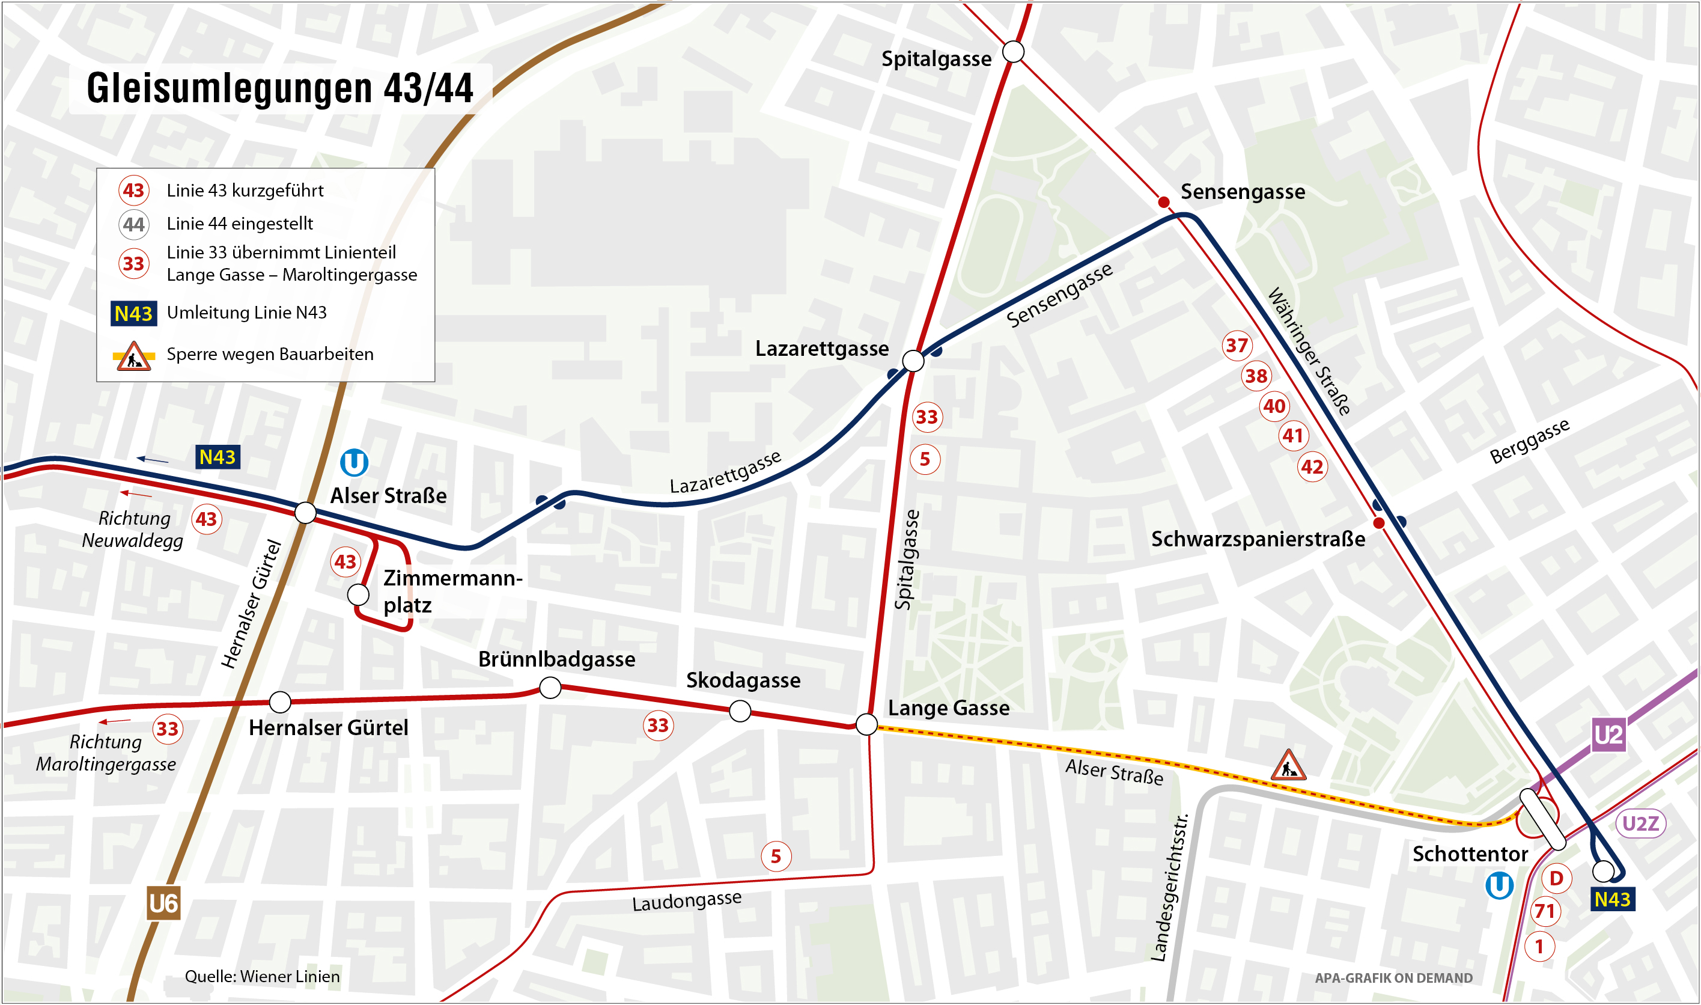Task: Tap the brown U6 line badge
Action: [x=163, y=903]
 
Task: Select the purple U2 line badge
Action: [x=1608, y=735]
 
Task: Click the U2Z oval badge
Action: [x=1640, y=823]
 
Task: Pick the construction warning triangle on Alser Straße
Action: [x=1288, y=766]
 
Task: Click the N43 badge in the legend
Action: [x=133, y=314]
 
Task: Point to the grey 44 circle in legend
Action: [x=133, y=224]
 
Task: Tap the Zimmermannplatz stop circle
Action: [x=358, y=594]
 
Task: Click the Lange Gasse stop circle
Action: [x=866, y=724]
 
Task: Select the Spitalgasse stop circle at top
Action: [x=1012, y=52]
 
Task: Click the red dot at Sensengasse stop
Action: [x=1164, y=202]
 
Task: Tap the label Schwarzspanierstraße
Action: [x=1258, y=539]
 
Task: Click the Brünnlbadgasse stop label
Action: [x=556, y=659]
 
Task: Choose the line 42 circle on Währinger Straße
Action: [x=1312, y=466]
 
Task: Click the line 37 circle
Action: [x=1237, y=346]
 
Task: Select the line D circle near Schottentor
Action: [x=1556, y=878]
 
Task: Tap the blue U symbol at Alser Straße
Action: [x=353, y=463]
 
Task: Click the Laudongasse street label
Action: [x=686, y=900]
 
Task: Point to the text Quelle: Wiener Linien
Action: [x=262, y=976]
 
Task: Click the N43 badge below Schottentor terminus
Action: [x=1611, y=899]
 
